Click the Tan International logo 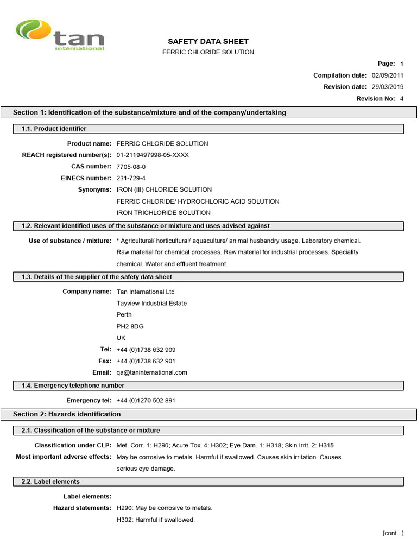[60, 36]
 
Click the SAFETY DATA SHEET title [208, 41]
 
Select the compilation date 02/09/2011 [387, 75]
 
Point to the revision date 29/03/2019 [387, 87]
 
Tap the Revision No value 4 [402, 99]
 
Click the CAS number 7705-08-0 [131, 167]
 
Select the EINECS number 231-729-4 [131, 178]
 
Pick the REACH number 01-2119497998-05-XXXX [153, 155]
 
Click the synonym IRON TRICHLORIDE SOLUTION [163, 213]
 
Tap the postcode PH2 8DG [130, 326]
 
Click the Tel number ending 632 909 [146, 350]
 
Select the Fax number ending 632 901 [146, 361]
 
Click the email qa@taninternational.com [151, 372]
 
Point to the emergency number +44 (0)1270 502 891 [146, 401]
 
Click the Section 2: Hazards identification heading [67, 414]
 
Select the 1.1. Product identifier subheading [54, 129]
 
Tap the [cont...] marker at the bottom [393, 533]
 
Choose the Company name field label [87, 292]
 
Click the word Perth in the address [124, 315]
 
